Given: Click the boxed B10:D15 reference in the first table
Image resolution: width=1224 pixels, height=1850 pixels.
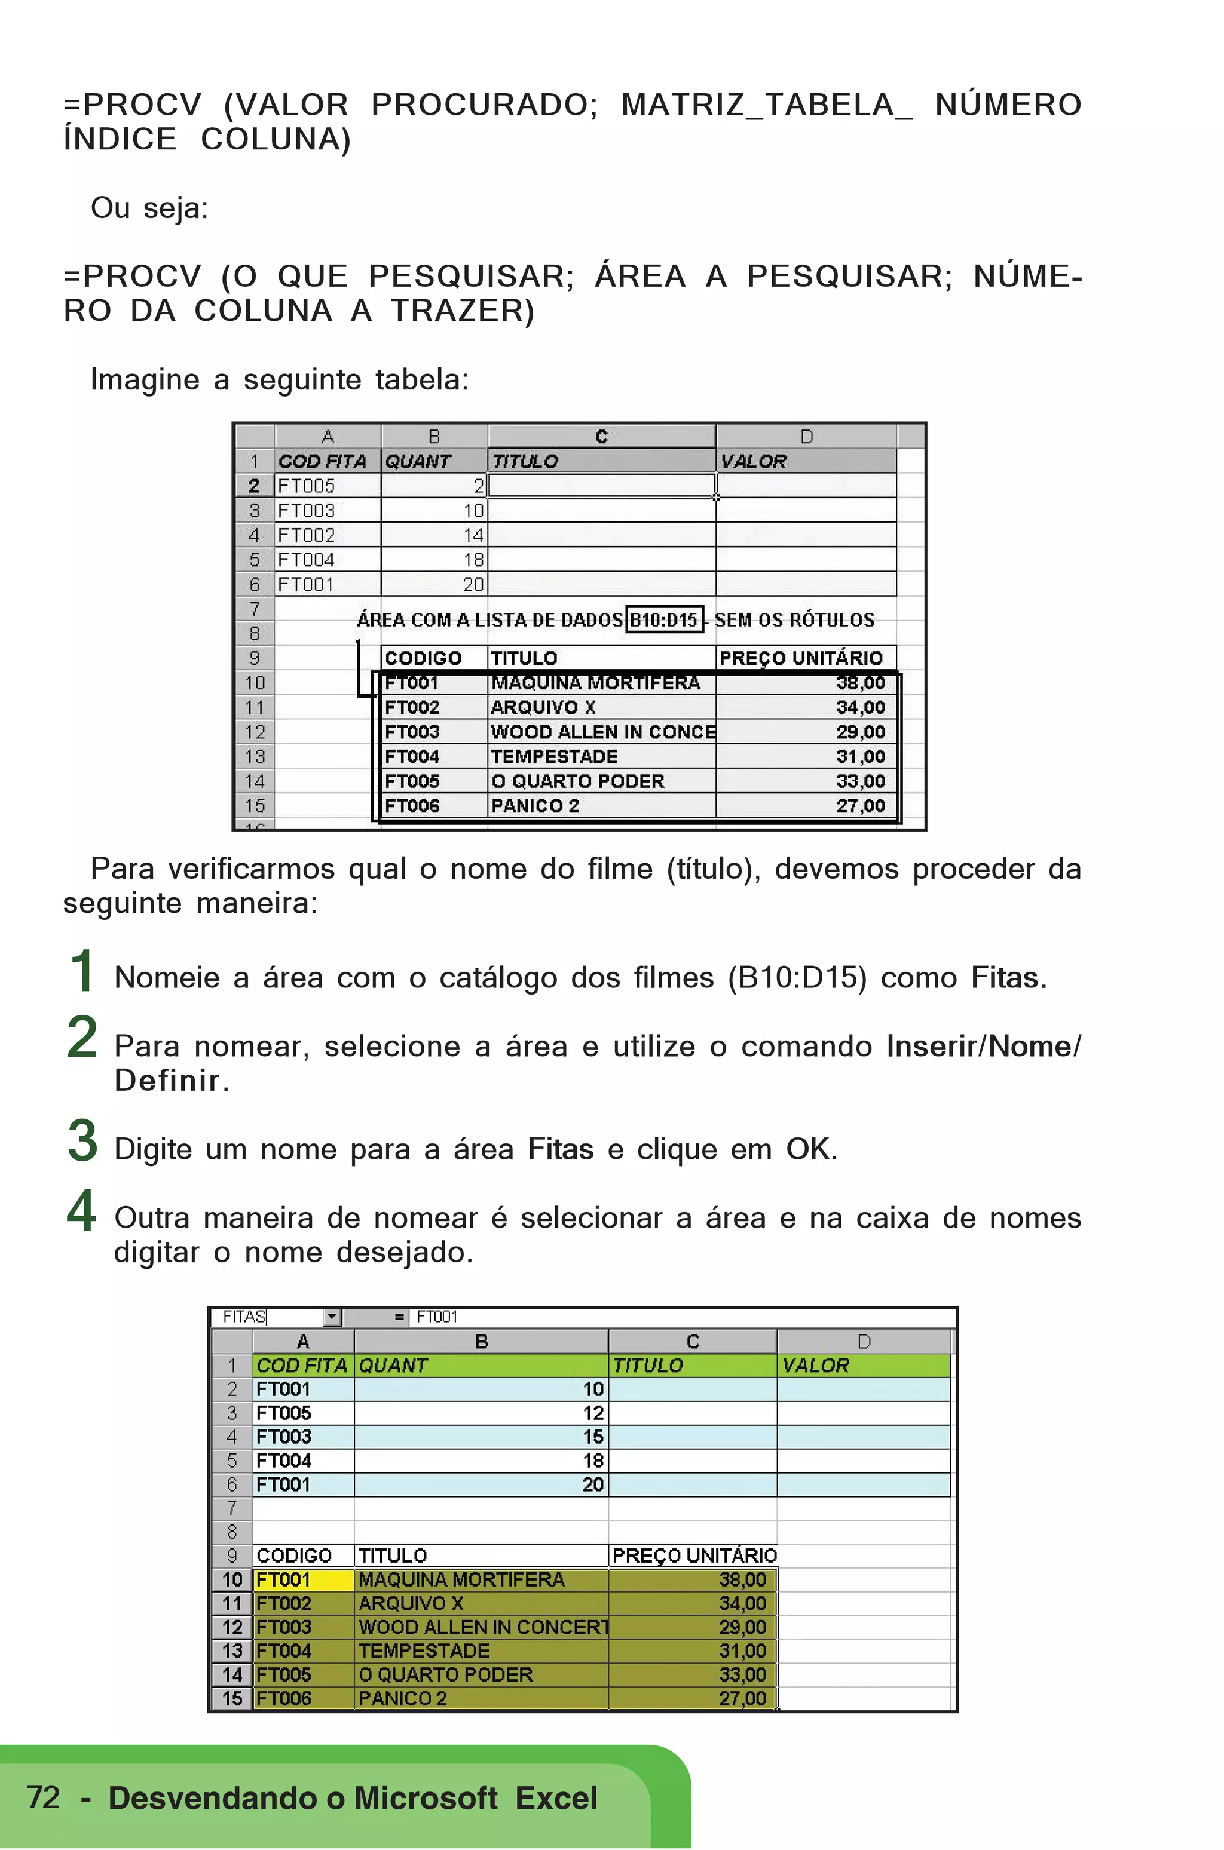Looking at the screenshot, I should tap(665, 619).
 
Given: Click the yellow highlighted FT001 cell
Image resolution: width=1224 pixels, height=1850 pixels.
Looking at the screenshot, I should tap(303, 1580).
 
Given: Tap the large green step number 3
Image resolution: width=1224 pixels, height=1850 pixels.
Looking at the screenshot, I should tap(82, 1141).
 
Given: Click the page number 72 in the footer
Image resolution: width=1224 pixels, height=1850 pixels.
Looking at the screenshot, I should tap(43, 1797).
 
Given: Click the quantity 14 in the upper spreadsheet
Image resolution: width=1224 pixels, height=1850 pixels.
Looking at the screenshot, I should tap(473, 535).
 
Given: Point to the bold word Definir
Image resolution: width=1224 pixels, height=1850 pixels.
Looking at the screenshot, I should tap(167, 1081).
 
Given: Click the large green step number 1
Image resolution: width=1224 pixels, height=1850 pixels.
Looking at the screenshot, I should tap(82, 971).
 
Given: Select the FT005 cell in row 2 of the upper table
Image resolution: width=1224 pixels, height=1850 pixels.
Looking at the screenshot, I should tap(306, 486).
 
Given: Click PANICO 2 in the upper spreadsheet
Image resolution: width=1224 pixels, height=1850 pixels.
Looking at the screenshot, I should tap(535, 806).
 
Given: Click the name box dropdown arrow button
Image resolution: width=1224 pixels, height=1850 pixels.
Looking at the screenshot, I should tap(332, 1317).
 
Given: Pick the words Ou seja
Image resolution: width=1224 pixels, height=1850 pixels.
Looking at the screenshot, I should tap(149, 208).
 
